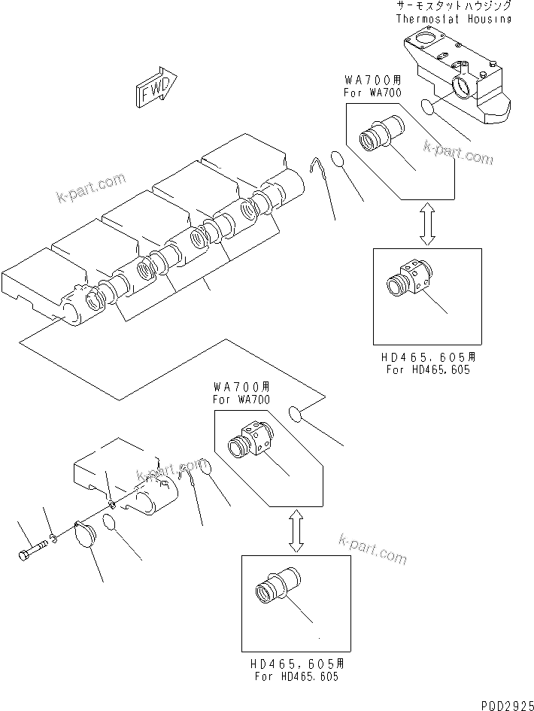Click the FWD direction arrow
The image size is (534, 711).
(156, 88)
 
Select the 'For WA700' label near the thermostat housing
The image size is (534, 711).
(372, 92)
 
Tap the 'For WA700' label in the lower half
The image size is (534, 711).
(241, 400)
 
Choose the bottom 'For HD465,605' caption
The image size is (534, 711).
(295, 676)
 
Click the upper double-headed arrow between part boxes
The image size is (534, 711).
(426, 223)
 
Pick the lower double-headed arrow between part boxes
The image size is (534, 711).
(296, 530)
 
